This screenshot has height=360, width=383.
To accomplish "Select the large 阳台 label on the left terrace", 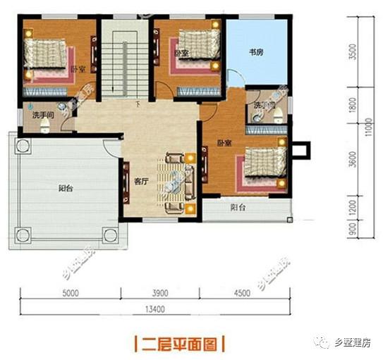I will coord(66,188).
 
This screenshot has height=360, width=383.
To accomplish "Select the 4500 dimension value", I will coord(242,292).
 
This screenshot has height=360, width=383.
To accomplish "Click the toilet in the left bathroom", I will coord(44,125).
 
